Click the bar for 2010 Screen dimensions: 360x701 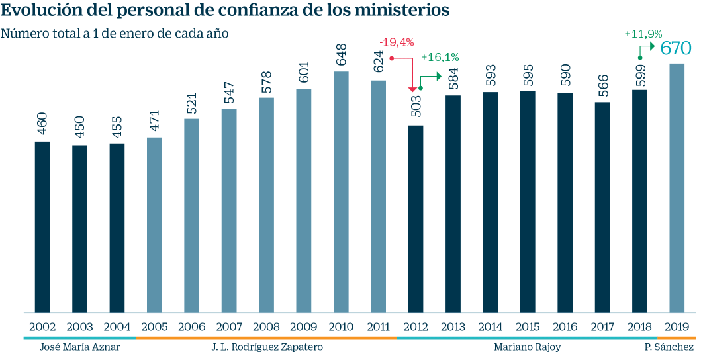(341, 192)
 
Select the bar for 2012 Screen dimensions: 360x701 (416, 218)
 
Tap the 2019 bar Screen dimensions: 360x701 (677, 188)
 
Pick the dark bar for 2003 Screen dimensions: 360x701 (79, 228)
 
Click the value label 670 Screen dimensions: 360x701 (676, 48)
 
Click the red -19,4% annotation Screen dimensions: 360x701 (397, 42)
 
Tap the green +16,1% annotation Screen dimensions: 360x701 (440, 58)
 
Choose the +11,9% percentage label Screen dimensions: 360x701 (643, 33)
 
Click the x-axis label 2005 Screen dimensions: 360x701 (154, 327)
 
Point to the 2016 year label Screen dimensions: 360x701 (565, 327)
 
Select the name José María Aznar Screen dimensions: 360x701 (79, 347)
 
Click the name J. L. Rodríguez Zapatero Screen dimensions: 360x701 (267, 347)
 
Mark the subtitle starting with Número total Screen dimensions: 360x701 (115, 34)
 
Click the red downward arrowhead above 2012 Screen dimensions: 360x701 (412, 89)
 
